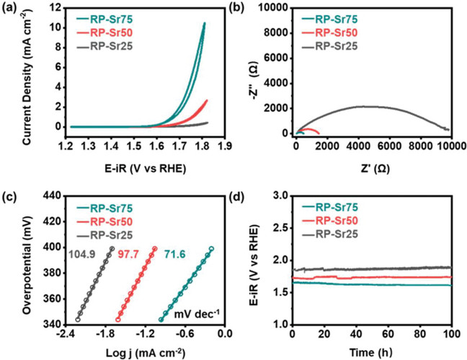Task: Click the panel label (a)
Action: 10,9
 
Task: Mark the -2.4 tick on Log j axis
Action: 65,333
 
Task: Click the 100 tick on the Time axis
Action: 451,333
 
